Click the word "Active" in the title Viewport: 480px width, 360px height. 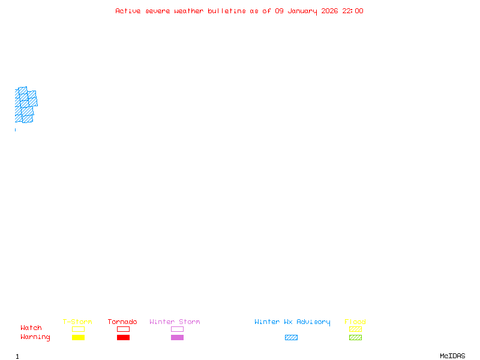[128, 11]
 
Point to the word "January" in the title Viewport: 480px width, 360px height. [302, 11]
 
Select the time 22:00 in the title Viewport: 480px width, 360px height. [353, 11]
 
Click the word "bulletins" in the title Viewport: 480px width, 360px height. [227, 11]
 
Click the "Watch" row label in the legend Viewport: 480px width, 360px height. [31, 328]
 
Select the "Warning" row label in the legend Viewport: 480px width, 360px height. [35, 337]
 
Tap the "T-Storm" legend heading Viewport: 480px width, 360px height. [77, 322]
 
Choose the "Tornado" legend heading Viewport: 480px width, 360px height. [122, 322]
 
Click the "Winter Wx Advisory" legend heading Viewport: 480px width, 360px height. [292, 322]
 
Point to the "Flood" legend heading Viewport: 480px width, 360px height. [355, 322]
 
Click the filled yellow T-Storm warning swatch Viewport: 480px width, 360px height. [78, 338]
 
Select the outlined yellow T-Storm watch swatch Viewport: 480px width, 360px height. [78, 329]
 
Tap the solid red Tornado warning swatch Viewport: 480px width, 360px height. [123, 338]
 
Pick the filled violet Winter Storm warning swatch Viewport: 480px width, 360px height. [177, 338]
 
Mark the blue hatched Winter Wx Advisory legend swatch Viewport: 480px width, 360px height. [291, 338]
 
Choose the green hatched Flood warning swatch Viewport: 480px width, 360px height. [355, 338]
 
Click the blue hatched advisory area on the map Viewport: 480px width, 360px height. [25, 105]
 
